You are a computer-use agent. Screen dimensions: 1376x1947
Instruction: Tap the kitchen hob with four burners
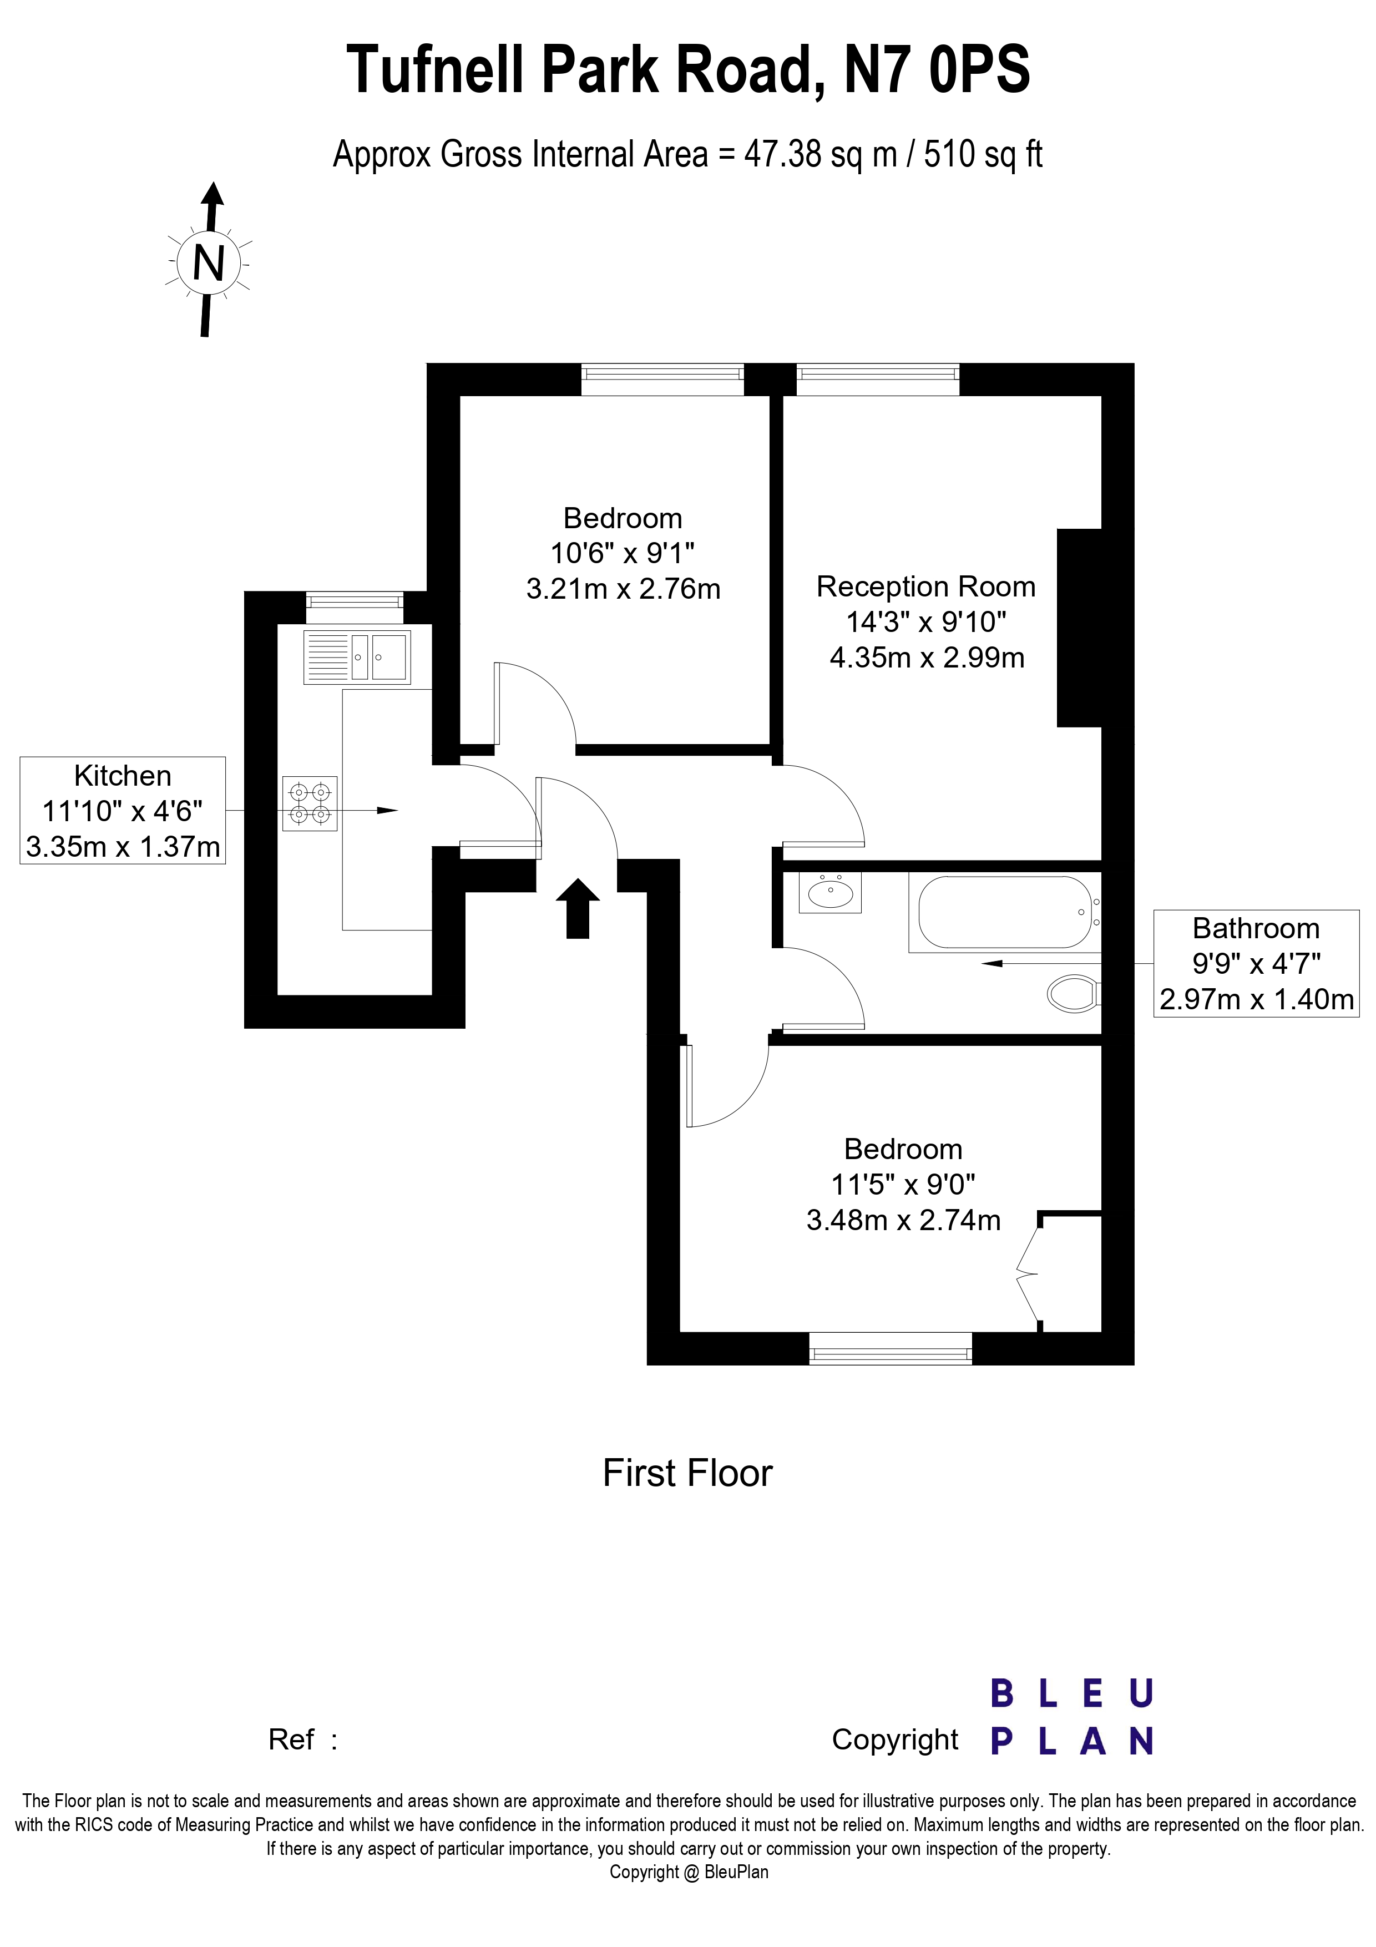310,803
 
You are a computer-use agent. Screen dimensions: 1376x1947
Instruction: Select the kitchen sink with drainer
356,656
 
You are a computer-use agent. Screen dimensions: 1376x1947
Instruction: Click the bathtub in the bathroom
1005,912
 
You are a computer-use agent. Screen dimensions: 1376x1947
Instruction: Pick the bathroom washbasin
830,892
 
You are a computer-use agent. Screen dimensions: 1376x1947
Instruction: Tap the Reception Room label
926,587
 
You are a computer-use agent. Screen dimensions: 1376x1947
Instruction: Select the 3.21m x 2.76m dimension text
623,589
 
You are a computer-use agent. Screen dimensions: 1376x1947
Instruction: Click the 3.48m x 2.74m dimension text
903,1220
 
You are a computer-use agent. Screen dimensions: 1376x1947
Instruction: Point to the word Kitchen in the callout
123,776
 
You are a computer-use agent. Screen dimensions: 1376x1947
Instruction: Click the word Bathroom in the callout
1256,928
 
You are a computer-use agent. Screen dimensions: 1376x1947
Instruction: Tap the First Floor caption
687,1474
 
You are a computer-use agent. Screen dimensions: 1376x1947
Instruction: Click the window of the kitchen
355,600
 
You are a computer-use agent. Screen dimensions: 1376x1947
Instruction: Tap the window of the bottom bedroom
890,1348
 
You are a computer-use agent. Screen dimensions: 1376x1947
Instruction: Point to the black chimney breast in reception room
1079,628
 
